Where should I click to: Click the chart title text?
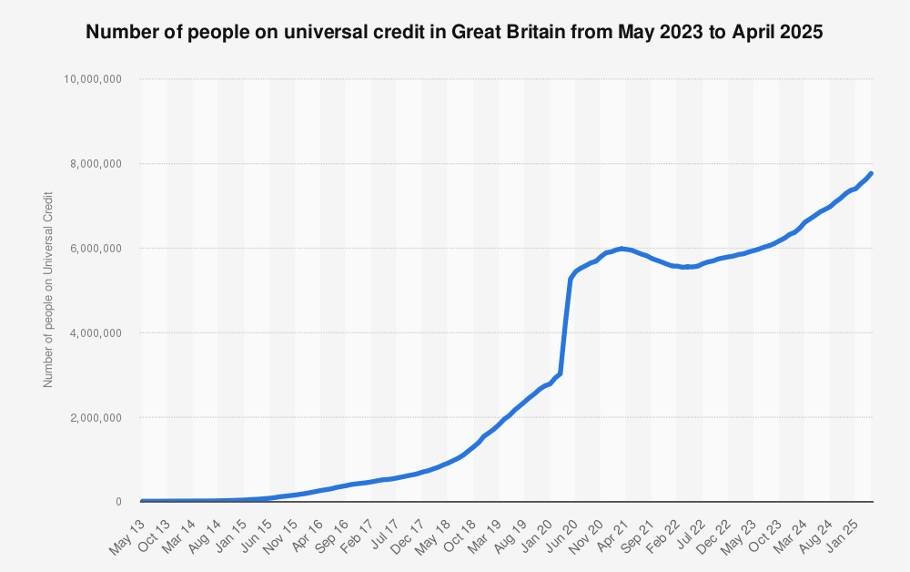point(454,33)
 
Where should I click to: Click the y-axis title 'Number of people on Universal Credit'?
point(48,290)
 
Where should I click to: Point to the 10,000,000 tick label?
point(93,79)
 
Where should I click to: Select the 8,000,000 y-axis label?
point(96,164)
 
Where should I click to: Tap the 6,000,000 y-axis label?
point(96,249)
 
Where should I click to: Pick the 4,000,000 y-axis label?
point(96,333)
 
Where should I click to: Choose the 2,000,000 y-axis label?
point(96,418)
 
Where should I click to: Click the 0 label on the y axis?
point(118,502)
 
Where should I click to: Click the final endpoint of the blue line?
point(871,173)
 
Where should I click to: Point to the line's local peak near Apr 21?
point(621,248)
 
